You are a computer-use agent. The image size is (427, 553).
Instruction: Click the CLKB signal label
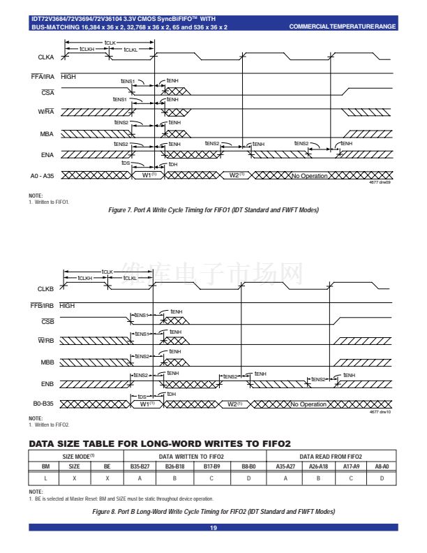click(46, 288)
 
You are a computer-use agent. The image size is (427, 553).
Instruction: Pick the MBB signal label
click(46, 362)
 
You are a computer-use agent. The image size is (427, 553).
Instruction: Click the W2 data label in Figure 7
click(237, 175)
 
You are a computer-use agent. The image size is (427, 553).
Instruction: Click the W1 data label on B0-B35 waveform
click(147, 404)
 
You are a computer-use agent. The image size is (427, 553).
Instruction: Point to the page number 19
click(213, 528)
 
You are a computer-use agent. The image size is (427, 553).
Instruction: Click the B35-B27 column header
click(140, 465)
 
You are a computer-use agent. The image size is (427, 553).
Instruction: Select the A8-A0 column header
click(382, 465)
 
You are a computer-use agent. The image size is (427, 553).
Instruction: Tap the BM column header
click(46, 465)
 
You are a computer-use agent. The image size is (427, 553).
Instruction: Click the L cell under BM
click(46, 478)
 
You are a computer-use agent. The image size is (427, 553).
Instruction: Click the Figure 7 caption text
click(213, 210)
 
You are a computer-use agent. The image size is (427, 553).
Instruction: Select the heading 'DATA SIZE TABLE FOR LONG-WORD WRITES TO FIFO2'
click(160, 443)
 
